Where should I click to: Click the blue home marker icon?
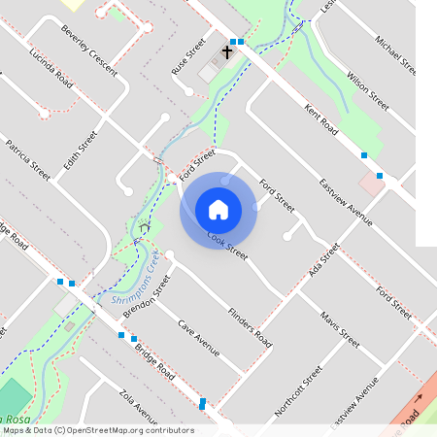pos(218,209)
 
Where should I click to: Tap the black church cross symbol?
pos(227,50)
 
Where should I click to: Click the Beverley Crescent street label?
pos(88,50)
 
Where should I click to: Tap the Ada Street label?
pos(320,260)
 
